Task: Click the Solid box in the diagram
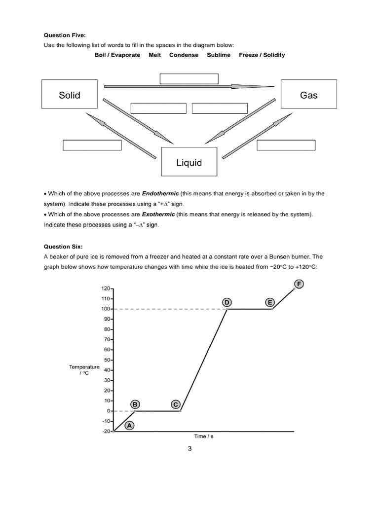point(70,95)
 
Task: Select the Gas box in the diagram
point(308,95)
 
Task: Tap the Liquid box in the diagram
point(189,162)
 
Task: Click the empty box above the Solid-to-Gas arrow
point(189,79)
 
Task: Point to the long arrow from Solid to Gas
point(189,87)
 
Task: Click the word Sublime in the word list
point(219,55)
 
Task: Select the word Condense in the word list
point(184,55)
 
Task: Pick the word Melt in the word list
point(155,55)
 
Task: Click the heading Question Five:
point(65,36)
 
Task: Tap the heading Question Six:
point(63,246)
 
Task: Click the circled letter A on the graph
point(130,425)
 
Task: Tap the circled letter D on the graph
point(227,302)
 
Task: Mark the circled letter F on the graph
point(299,284)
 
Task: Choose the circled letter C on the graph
point(175,404)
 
